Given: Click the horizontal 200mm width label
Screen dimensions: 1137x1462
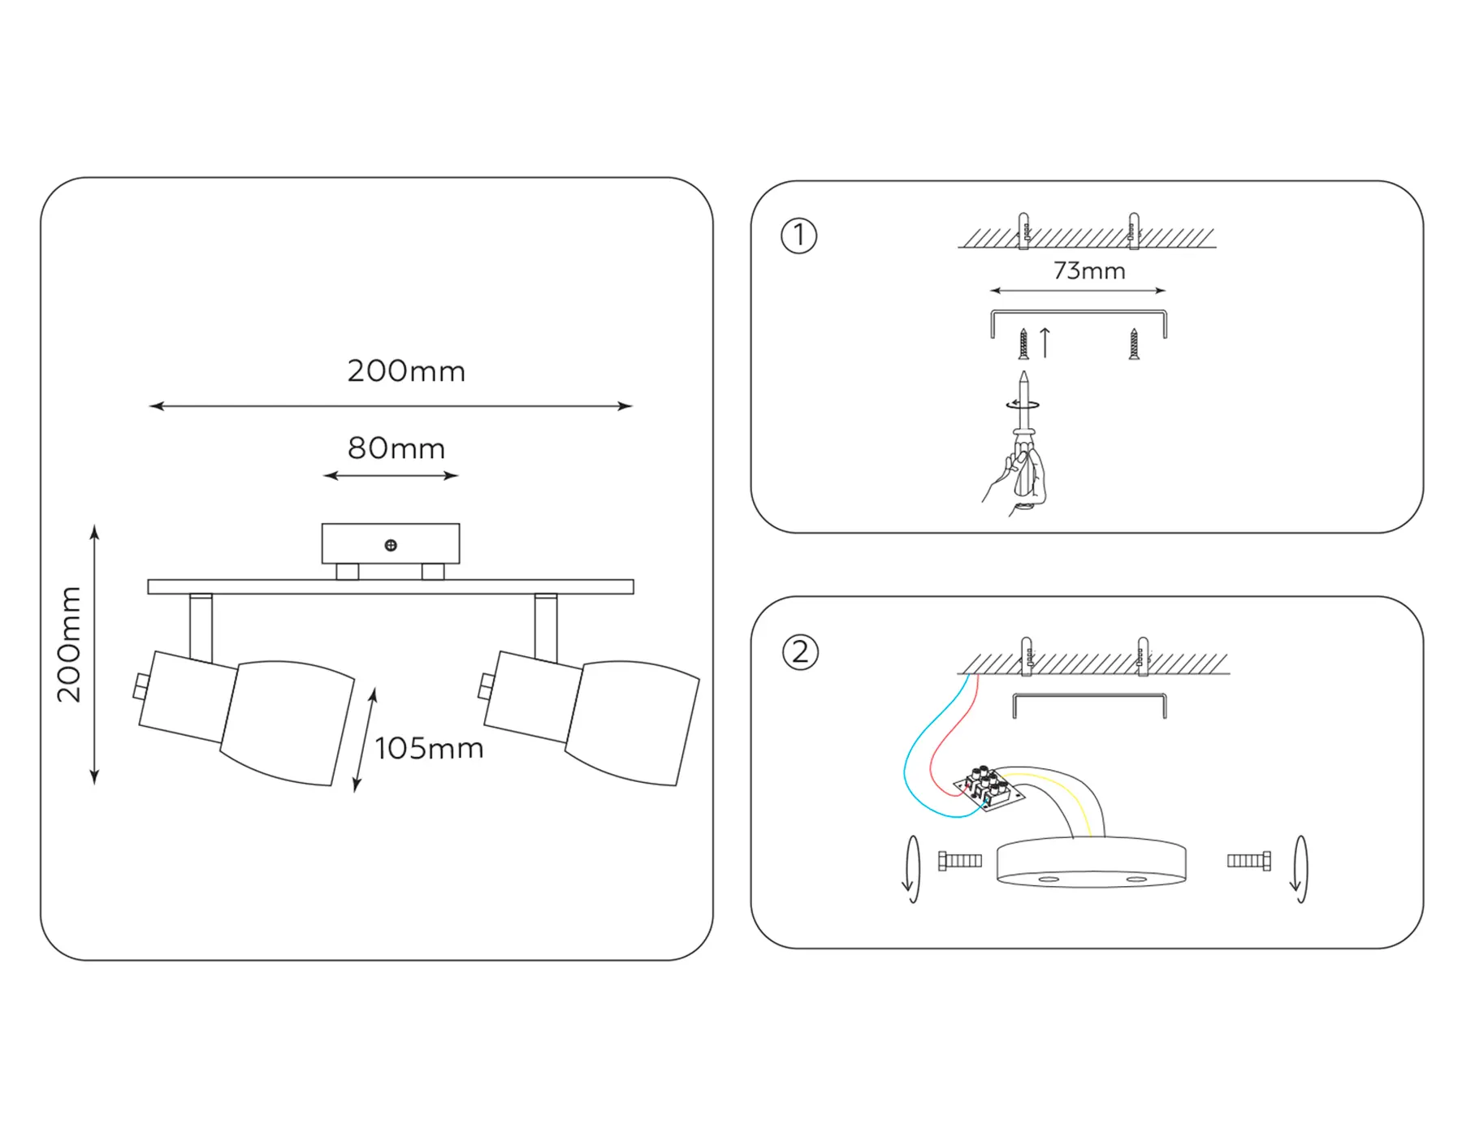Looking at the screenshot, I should (406, 371).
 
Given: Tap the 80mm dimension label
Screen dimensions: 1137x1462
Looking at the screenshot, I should (396, 448).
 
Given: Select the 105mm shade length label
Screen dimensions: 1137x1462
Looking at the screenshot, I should (429, 748).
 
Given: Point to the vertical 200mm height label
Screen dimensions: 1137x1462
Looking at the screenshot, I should (70, 643).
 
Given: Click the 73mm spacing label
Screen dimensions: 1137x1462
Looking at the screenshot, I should (1089, 270).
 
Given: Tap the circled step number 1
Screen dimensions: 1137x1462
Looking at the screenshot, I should (798, 236).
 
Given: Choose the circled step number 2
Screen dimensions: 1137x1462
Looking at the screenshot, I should (800, 652).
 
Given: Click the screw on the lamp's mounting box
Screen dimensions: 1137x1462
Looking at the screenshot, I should (391, 545).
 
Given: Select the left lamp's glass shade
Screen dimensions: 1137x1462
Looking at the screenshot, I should (288, 722).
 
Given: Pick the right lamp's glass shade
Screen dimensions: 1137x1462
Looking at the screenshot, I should (633, 722).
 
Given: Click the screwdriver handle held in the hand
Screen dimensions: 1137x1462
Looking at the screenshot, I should (1025, 471).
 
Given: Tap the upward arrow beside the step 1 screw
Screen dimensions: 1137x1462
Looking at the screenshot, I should (1045, 342).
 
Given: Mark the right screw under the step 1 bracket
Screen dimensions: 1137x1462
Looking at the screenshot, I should (1134, 344).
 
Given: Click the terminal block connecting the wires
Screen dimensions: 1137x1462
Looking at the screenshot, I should (988, 787).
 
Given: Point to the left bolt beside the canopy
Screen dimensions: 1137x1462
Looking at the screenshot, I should (960, 861).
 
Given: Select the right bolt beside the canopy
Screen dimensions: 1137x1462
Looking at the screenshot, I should (1249, 861).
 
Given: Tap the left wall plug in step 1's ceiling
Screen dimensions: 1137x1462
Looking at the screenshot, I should (1023, 231).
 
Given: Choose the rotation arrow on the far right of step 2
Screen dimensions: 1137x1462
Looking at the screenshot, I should (1300, 869).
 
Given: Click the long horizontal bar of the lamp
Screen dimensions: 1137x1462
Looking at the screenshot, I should (391, 587).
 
